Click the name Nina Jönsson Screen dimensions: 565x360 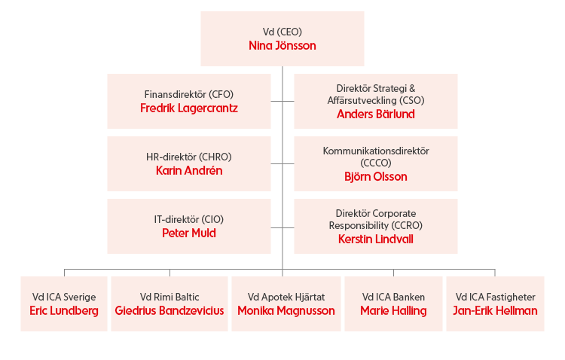tap(282, 46)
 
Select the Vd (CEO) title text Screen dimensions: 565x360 tap(282, 32)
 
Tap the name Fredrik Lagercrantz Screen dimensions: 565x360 tap(189, 108)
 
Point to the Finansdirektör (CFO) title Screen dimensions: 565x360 tap(189, 94)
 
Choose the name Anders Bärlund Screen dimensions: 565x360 tap(375, 114)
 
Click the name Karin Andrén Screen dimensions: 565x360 tap(189, 170)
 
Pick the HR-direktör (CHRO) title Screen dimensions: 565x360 tap(189, 157)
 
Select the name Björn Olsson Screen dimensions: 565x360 tap(375, 176)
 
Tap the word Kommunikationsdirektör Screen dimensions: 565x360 tap(375, 151)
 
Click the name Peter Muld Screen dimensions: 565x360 tap(189, 233)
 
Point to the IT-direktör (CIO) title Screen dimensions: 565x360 tap(189, 219)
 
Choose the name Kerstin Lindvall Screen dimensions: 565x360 tap(375, 239)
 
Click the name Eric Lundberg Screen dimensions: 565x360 tap(64, 310)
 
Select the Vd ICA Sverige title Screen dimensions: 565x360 tap(64, 297)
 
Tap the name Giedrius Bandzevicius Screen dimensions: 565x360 tap(169, 310)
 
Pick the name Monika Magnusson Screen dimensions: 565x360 tap(286, 310)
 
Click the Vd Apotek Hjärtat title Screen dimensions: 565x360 tap(286, 297)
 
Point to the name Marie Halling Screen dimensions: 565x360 tap(393, 310)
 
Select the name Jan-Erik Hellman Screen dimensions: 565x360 tap(495, 310)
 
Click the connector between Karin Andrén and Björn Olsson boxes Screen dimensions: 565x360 tap(282, 163)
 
